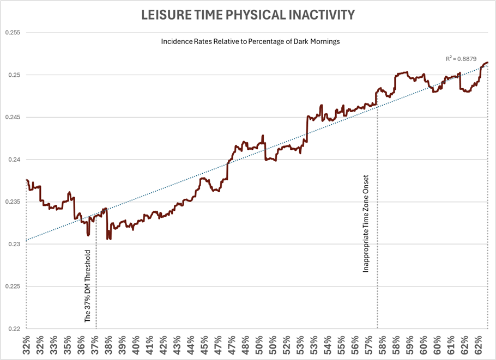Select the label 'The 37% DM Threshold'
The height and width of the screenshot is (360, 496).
click(x=88, y=287)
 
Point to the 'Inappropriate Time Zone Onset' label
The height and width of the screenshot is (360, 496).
click(x=366, y=223)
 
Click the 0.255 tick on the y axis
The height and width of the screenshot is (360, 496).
click(x=12, y=33)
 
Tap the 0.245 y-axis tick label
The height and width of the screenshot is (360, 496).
click(x=12, y=117)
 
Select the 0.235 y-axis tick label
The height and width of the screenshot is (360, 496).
click(x=12, y=202)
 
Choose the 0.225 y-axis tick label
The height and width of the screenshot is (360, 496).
click(x=12, y=286)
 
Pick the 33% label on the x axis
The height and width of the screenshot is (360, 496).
click(x=53, y=345)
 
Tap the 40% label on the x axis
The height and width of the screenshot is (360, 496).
click(x=136, y=345)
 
